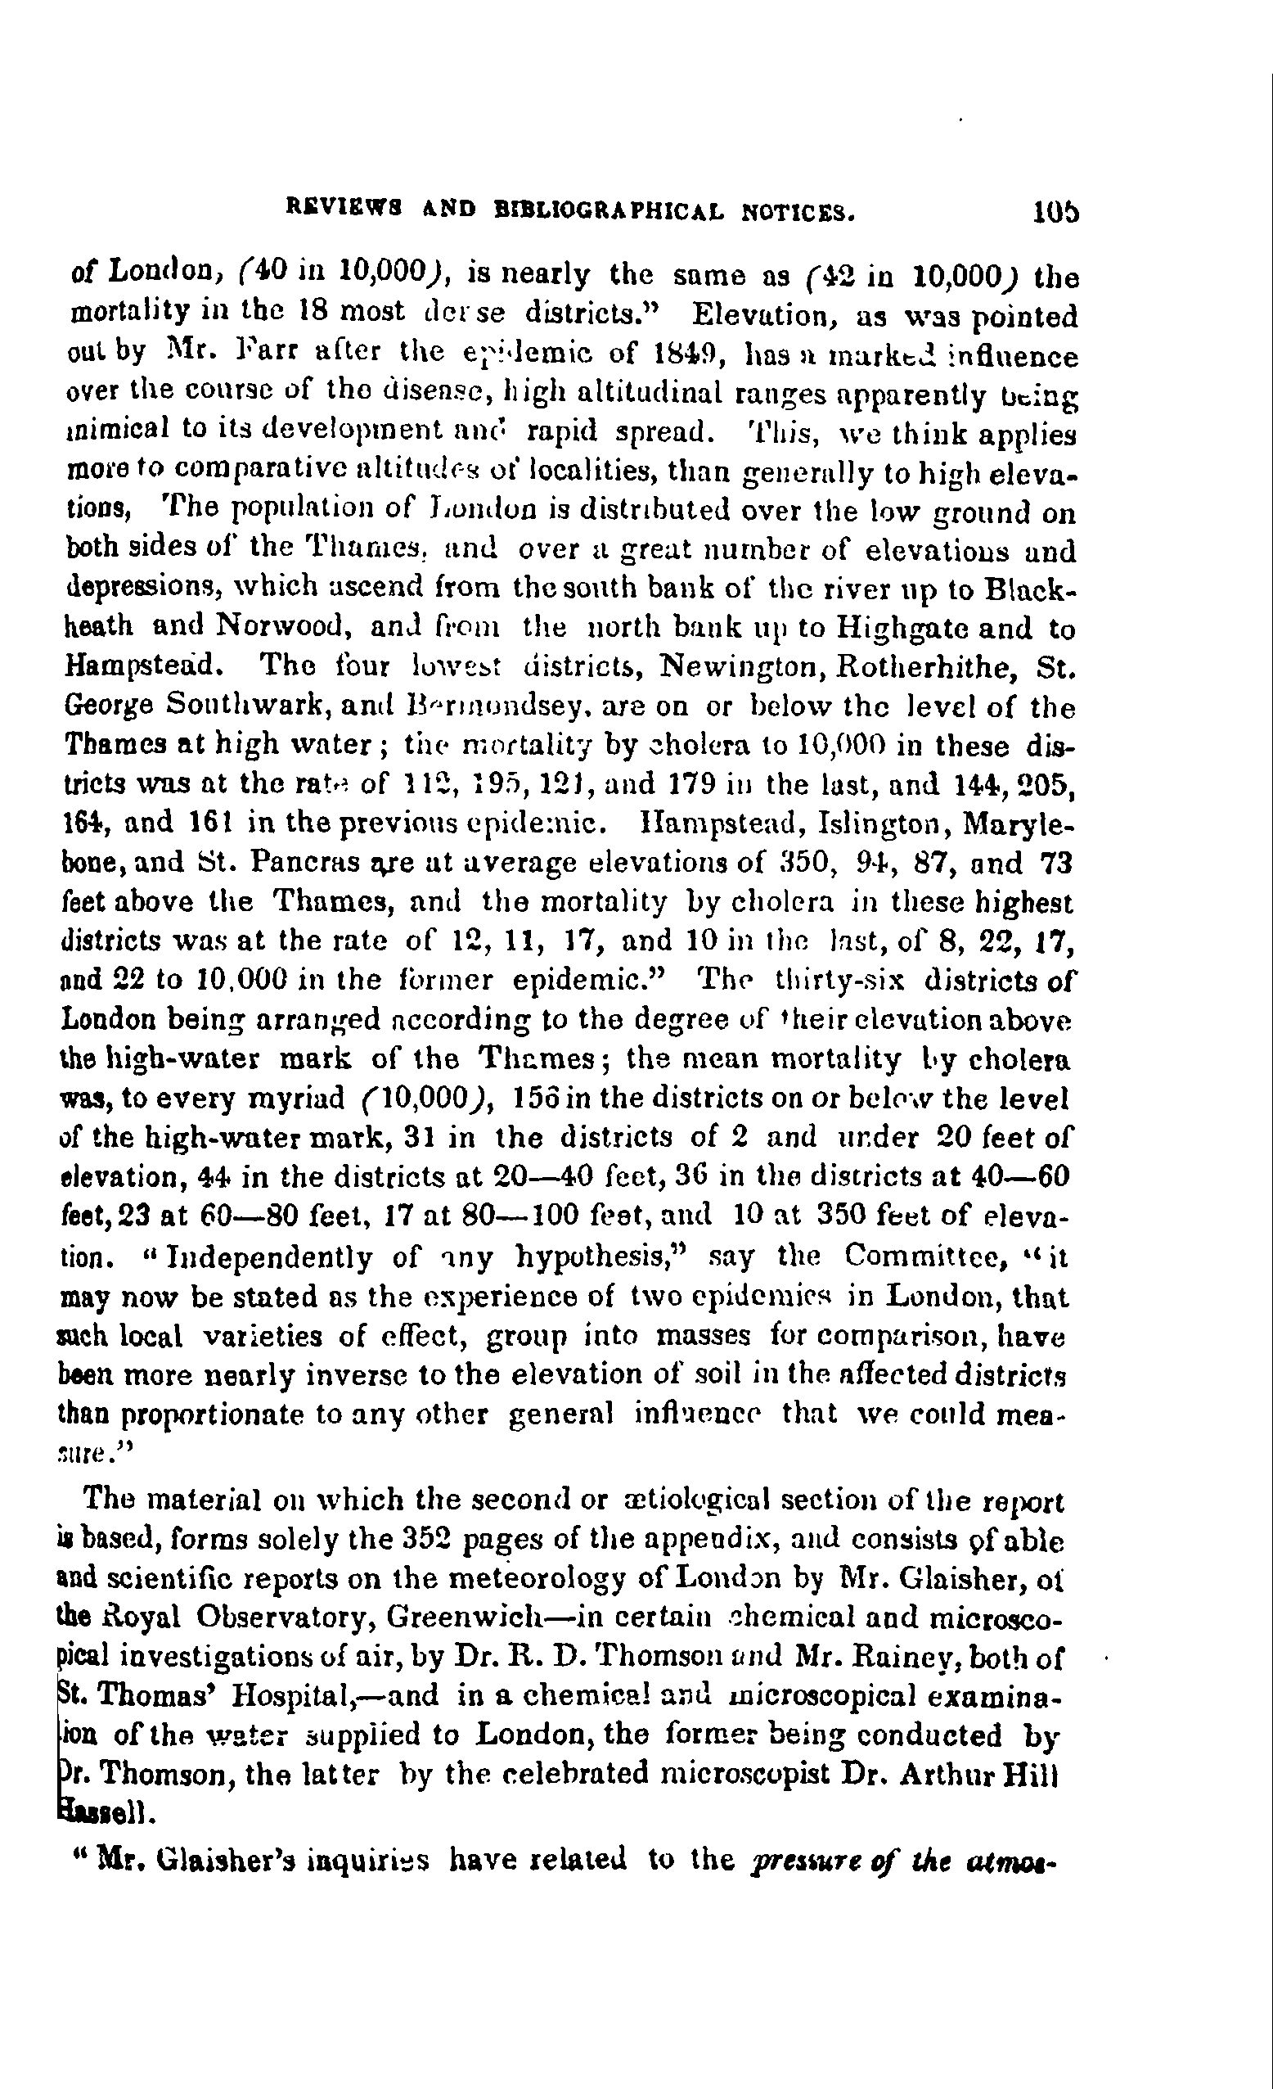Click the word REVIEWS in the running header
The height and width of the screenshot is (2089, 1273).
tap(338, 206)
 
